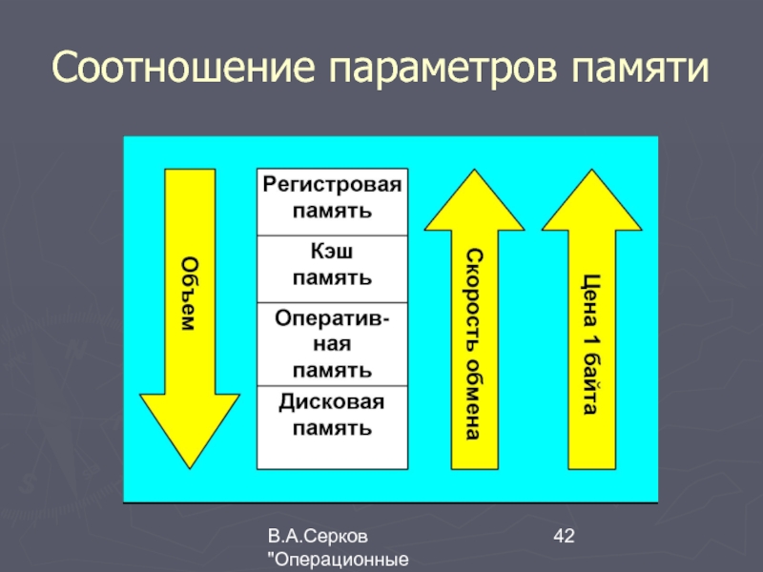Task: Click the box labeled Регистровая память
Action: click(x=332, y=196)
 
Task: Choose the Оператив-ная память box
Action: click(x=332, y=342)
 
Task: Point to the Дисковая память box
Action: click(x=332, y=416)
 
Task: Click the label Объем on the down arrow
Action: click(x=189, y=294)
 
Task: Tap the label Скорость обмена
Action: click(x=474, y=343)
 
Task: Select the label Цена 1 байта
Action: click(x=590, y=343)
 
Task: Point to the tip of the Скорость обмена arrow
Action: click(x=474, y=174)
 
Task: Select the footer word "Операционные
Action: click(x=341, y=561)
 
